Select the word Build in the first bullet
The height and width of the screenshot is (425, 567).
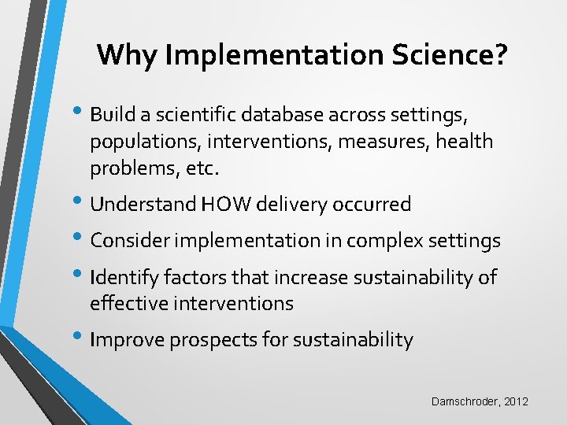click(113, 116)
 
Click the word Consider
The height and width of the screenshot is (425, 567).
click(128, 241)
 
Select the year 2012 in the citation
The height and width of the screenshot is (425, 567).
click(516, 402)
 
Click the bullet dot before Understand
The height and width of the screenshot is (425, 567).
click(82, 203)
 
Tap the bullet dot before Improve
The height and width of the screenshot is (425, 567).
click(82, 338)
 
